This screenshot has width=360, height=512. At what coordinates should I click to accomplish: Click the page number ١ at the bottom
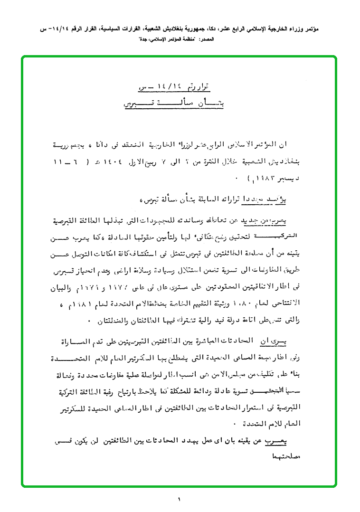[180, 499]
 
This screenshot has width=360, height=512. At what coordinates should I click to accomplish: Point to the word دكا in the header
[213, 29]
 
